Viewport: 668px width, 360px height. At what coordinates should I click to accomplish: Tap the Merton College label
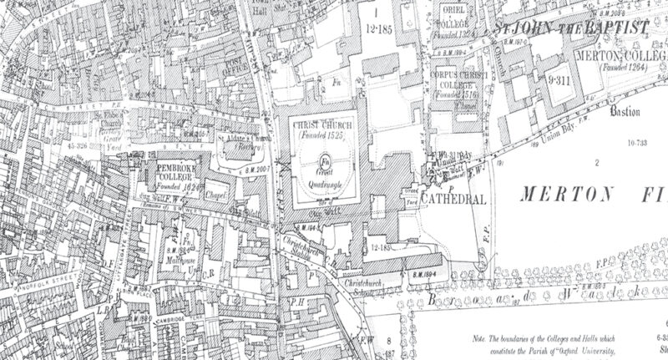(620, 55)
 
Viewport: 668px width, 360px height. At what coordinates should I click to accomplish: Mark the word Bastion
(624, 111)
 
